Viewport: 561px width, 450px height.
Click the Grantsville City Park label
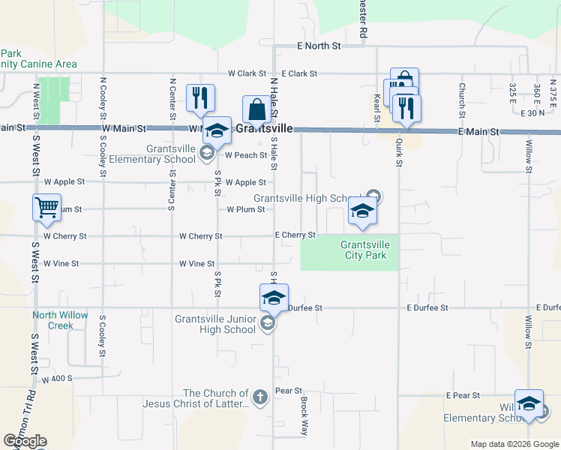[363, 250]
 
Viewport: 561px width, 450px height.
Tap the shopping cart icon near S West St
[46, 207]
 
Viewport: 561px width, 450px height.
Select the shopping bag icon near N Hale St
[256, 109]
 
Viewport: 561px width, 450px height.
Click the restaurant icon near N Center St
[200, 97]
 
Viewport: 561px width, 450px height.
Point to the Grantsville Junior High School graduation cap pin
[274, 298]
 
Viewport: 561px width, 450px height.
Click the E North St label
[319, 46]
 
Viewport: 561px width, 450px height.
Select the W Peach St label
[247, 155]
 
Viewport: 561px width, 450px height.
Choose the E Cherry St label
[295, 235]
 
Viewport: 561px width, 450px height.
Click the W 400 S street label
[57, 379]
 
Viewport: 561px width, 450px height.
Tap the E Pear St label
[462, 394]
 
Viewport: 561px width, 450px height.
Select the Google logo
[25, 441]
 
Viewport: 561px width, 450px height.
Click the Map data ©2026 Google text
[514, 444]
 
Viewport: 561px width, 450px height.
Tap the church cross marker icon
[260, 397]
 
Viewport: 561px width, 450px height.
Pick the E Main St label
[479, 131]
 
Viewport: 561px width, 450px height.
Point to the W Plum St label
[246, 209]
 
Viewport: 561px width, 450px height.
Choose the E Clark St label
[300, 73]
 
